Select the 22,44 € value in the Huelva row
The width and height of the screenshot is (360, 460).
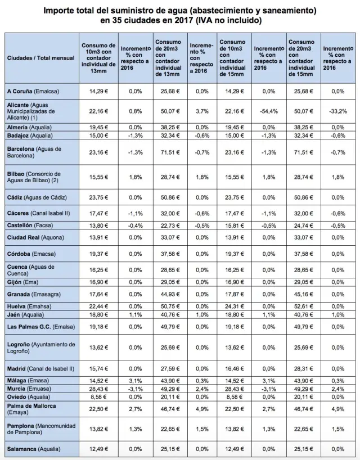(98, 306)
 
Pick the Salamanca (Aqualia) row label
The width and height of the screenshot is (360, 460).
(33, 448)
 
